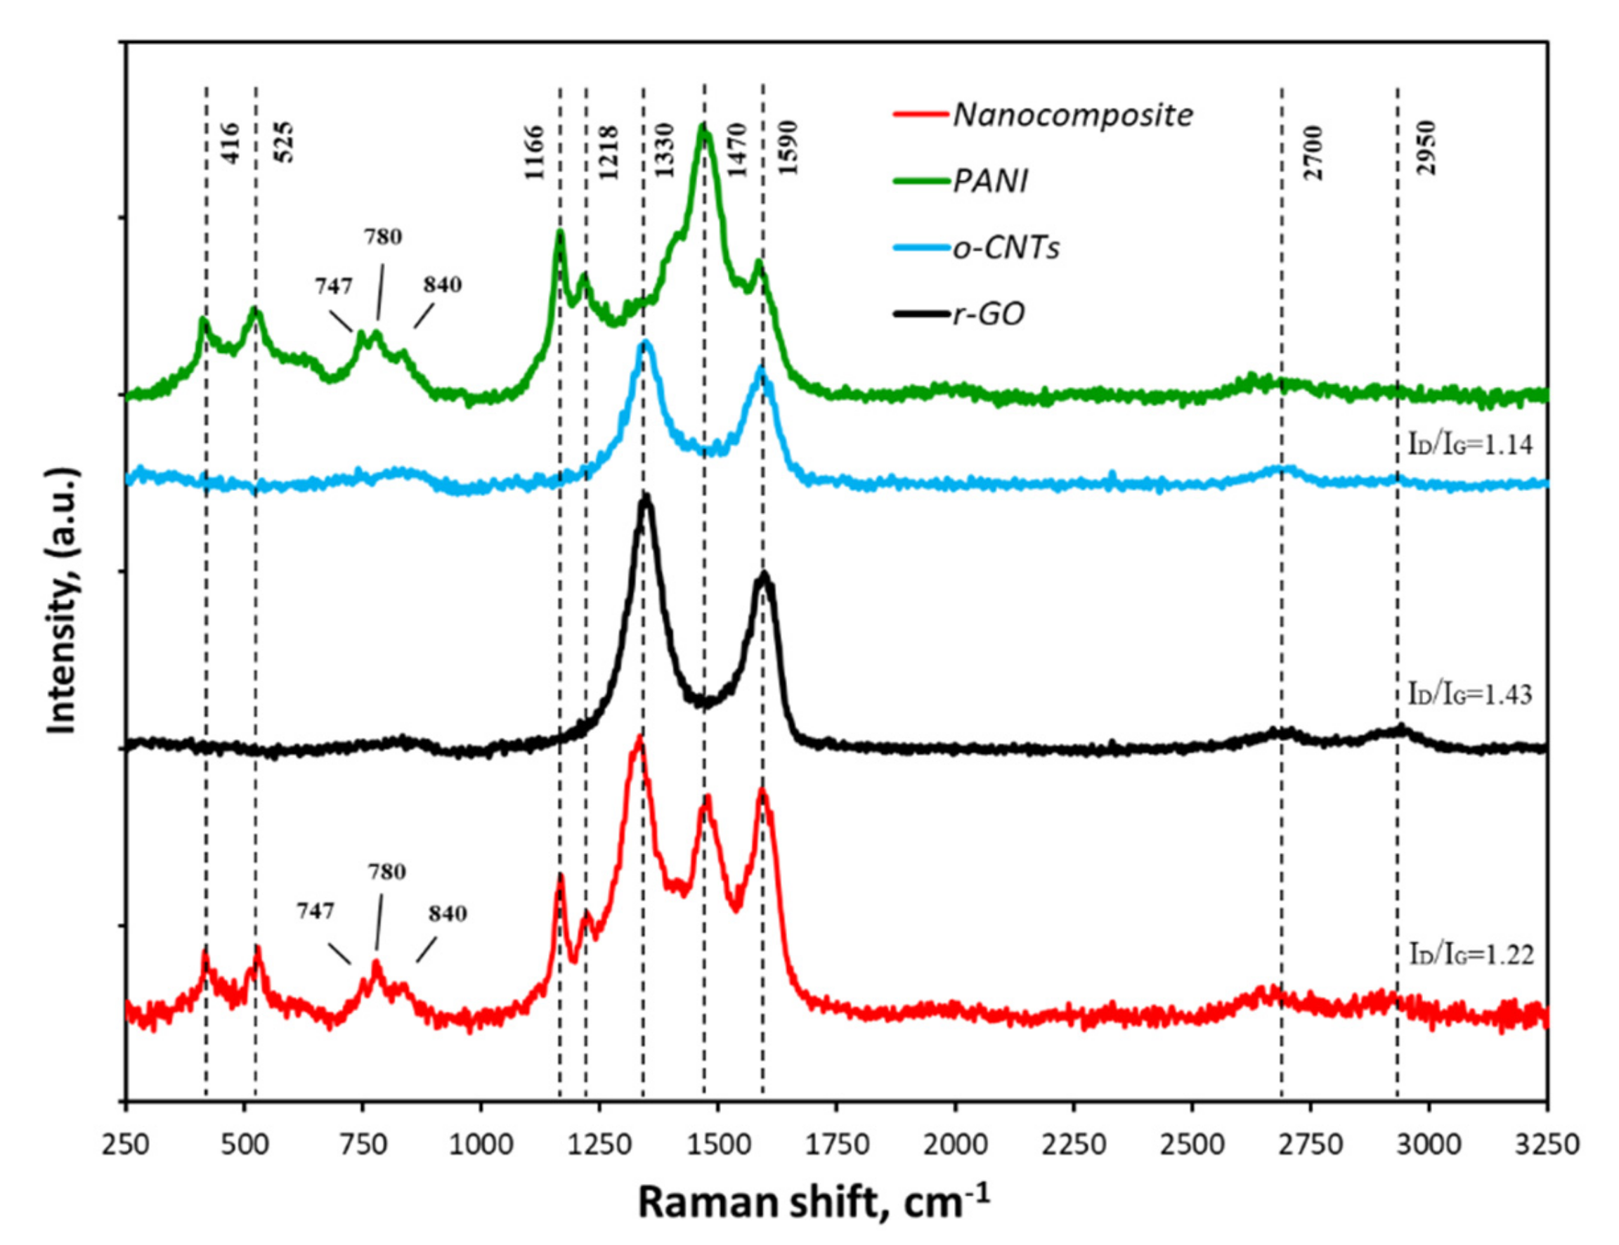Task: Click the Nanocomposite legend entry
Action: [1072, 114]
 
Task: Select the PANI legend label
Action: [990, 180]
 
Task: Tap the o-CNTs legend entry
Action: [1006, 247]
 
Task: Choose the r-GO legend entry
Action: [988, 313]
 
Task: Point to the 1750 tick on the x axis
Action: [836, 1145]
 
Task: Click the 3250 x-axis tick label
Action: [1547, 1145]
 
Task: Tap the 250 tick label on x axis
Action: [126, 1145]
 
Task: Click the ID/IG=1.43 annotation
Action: [1470, 693]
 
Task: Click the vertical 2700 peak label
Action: [1312, 152]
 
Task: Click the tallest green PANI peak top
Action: [703, 127]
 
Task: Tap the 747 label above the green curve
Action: [334, 285]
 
